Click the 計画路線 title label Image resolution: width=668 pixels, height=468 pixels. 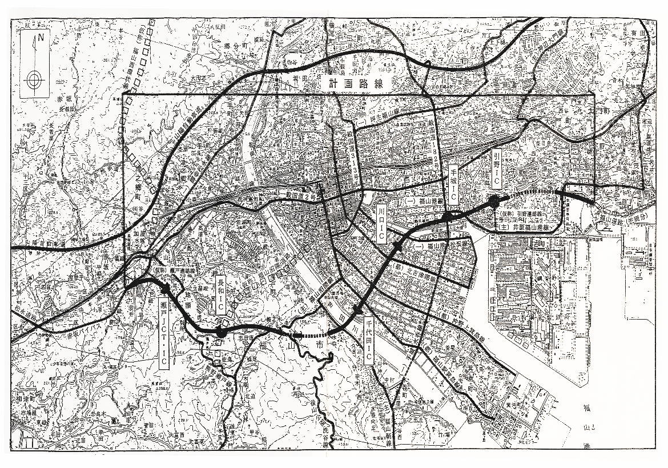355,83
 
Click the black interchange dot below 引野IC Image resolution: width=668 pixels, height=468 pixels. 494,200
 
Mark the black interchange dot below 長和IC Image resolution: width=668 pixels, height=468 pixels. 222,331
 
